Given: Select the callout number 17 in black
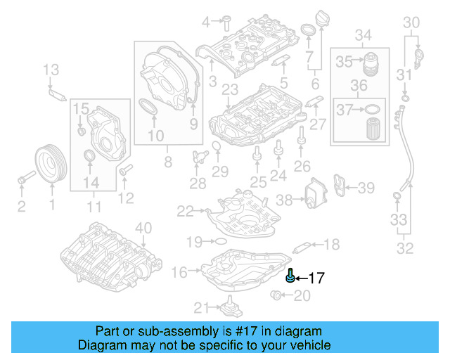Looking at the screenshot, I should point(316,278).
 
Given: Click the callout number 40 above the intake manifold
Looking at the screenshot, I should point(143,227).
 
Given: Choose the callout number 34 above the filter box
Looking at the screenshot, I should point(363,35).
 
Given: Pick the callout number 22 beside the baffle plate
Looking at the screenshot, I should point(185,210).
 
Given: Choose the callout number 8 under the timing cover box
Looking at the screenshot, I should point(167,162).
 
